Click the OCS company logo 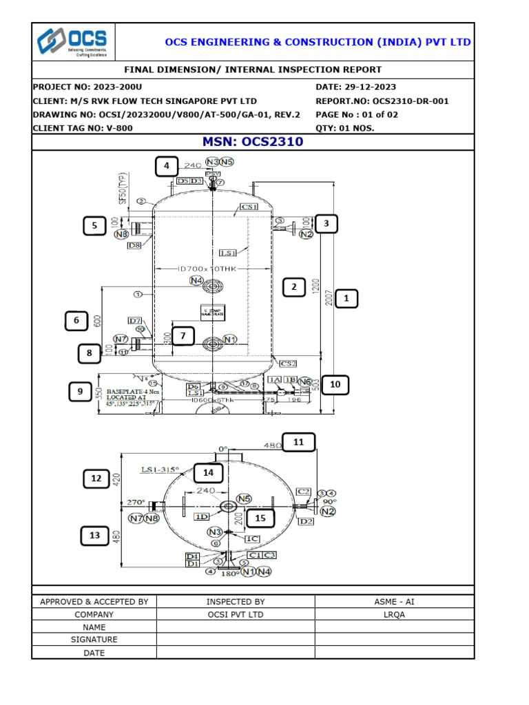[x=74, y=42]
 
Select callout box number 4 [x=166, y=167]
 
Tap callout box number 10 [x=335, y=384]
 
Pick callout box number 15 [x=260, y=518]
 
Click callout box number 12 [x=96, y=478]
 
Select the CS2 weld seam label [x=287, y=364]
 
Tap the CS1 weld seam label [x=248, y=207]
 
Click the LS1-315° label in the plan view [x=160, y=470]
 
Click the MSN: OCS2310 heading [x=252, y=143]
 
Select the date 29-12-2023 [x=365, y=87]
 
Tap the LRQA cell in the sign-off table [x=394, y=615]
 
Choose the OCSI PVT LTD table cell [x=235, y=615]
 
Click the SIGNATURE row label [x=94, y=640]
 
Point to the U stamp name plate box [x=212, y=312]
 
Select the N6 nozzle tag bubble [x=304, y=381]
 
